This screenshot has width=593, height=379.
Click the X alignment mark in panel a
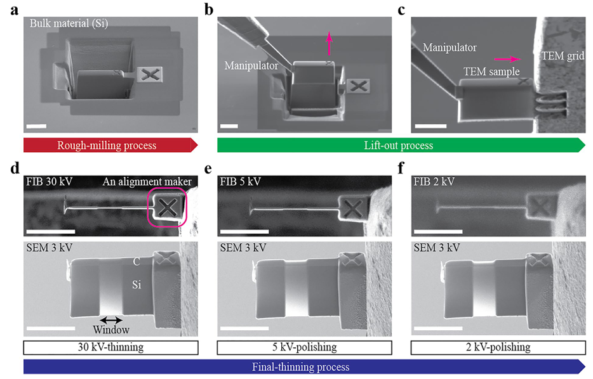coord(149,75)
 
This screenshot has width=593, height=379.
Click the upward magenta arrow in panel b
coord(329,46)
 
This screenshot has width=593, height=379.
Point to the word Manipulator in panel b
coord(251,65)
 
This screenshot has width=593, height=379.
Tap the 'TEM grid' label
coord(563,56)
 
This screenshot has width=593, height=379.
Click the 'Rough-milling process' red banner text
coord(107,146)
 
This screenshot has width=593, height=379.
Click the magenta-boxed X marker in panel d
coord(168,206)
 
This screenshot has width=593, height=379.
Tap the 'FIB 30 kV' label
coord(50,182)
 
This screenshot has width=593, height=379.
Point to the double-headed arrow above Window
coord(110,319)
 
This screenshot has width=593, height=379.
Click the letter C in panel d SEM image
coord(136,261)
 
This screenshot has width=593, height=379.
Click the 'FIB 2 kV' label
coord(436,182)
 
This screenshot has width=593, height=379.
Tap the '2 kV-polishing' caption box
coord(497,347)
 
